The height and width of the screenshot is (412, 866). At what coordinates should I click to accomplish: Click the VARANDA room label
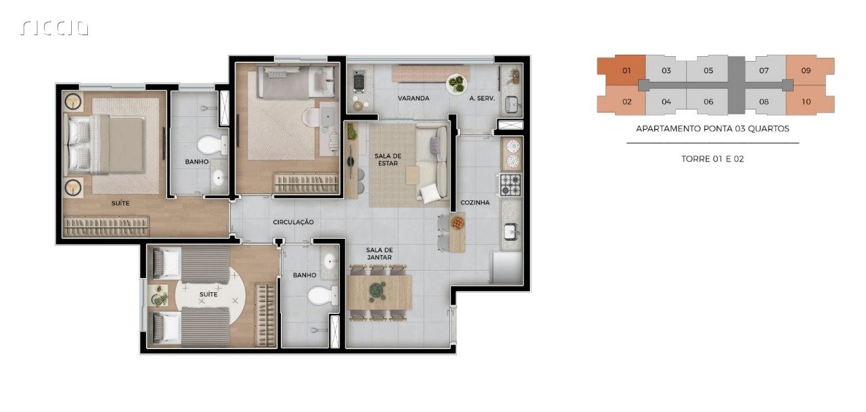coord(413,98)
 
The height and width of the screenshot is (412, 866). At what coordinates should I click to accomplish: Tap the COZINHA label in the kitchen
coord(475,202)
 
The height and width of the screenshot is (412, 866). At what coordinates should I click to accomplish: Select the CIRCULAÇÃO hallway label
coord(293,222)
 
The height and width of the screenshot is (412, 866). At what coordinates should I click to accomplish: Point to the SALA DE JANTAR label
coord(380,254)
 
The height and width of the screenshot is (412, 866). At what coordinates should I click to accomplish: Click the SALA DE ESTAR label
coord(388,160)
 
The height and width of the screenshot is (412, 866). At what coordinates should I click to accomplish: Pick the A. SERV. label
coord(482,99)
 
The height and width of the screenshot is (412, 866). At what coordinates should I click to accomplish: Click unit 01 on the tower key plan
coord(626,70)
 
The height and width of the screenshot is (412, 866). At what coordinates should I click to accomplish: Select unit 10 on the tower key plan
coord(806,101)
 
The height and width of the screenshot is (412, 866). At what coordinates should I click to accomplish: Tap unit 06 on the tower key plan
coord(708,101)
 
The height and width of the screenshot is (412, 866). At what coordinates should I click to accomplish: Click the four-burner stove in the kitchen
coord(511,185)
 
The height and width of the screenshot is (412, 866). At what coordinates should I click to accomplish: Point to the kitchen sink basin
coord(510,232)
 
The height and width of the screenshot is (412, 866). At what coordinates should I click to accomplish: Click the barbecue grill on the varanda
coord(359,82)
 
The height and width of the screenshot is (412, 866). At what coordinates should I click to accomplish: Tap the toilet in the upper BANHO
coord(212,145)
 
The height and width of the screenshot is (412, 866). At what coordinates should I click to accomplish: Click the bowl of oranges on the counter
coord(457,223)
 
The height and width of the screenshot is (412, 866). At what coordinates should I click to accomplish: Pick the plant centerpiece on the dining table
coord(377,290)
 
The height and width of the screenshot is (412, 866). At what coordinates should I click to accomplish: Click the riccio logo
coord(55,28)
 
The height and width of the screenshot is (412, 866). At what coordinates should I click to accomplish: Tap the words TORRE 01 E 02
coord(712,159)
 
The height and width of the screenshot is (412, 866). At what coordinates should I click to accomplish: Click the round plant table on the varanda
coord(456,84)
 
